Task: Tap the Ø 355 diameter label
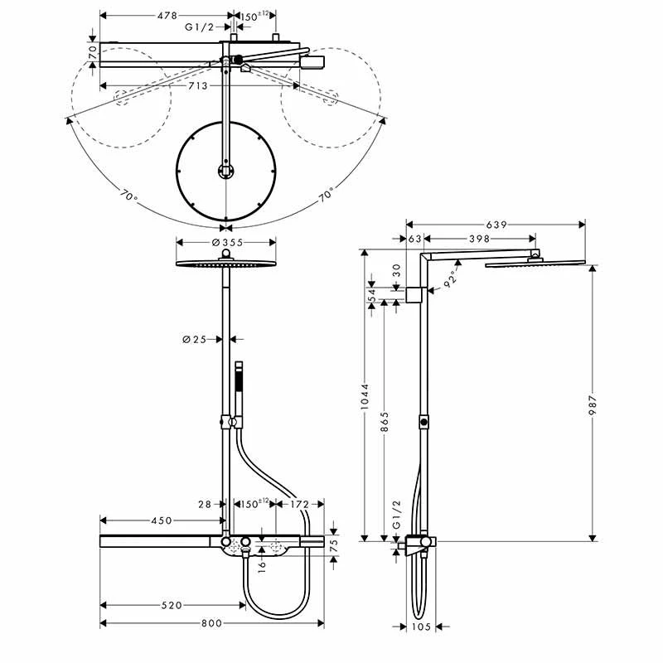(227, 242)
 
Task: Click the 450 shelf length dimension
(161, 520)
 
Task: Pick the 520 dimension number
(170, 606)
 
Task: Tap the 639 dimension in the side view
(496, 224)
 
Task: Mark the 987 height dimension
(593, 406)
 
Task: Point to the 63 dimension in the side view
(415, 239)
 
